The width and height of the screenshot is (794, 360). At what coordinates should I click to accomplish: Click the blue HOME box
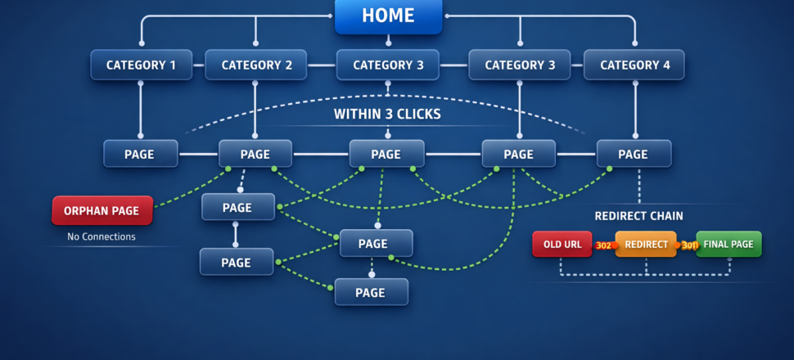(x=388, y=16)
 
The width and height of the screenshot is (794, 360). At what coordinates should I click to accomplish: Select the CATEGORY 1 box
(x=141, y=65)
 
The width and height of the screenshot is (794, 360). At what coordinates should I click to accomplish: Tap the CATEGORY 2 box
(x=256, y=65)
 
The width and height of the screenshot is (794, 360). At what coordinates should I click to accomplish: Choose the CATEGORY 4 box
(x=634, y=65)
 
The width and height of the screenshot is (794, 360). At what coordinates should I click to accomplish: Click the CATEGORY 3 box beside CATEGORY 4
(x=520, y=65)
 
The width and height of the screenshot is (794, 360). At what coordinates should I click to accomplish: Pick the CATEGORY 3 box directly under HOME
(x=388, y=65)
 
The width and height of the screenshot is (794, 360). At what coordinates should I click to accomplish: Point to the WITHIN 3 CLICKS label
(x=387, y=114)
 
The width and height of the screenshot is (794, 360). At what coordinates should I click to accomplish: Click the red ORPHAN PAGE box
(x=102, y=210)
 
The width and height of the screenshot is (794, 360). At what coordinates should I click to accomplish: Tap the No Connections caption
(x=102, y=237)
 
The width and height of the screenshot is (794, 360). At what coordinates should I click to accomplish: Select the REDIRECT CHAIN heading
(x=638, y=216)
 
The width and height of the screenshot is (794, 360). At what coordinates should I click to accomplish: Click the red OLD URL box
(x=562, y=244)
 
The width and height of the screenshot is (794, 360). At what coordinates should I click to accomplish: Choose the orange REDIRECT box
(x=646, y=244)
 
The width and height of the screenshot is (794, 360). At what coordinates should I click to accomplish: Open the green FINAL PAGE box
(x=729, y=244)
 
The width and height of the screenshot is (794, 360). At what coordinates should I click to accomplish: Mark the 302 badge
(x=603, y=245)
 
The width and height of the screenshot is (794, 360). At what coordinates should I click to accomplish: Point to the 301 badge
(x=689, y=245)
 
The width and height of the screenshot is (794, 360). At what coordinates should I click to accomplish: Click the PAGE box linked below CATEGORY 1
(x=140, y=154)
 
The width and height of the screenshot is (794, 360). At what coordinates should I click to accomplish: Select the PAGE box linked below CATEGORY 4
(x=634, y=154)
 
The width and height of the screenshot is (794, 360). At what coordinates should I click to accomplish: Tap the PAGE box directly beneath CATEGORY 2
(x=255, y=154)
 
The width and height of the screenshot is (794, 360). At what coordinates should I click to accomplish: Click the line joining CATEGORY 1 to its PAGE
(x=141, y=108)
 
